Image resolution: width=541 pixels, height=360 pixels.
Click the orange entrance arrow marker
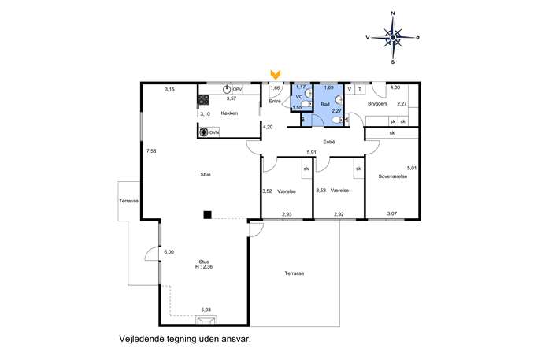pyautogui.click(x=276, y=73)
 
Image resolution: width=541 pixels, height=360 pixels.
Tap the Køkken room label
pyautogui.click(x=229, y=113)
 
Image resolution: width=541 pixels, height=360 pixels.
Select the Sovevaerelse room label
pyautogui.click(x=393, y=176)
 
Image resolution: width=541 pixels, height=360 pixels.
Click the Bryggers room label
pyautogui.click(x=377, y=103)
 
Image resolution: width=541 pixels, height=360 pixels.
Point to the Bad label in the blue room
pyautogui.click(x=325, y=104)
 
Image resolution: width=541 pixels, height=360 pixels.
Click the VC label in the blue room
pyautogui.click(x=299, y=97)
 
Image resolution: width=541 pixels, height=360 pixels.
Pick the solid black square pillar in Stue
pyautogui.click(x=207, y=215)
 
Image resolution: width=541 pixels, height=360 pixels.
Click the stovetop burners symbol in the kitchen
pyautogui.click(x=203, y=100)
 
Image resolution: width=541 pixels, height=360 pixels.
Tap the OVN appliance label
pyautogui.click(x=214, y=132)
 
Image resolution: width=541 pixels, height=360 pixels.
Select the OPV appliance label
pyautogui.click(x=237, y=89)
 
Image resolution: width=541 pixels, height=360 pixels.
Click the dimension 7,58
pyautogui.click(x=151, y=150)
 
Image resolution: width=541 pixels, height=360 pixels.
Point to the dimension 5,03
pyautogui.click(x=206, y=310)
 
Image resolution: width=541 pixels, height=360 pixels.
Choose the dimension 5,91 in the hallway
pyautogui.click(x=312, y=152)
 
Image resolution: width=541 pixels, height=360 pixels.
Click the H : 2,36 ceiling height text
pyautogui.click(x=204, y=266)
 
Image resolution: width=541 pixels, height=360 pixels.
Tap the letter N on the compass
pyautogui.click(x=393, y=13)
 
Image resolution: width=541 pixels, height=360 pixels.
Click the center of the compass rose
pyautogui.click(x=393, y=37)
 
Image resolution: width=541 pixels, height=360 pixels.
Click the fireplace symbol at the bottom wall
pyautogui.click(x=206, y=321)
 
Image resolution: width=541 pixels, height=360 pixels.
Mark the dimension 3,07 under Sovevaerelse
pyautogui.click(x=391, y=213)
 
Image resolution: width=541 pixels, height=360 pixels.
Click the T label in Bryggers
pyautogui.click(x=360, y=89)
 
